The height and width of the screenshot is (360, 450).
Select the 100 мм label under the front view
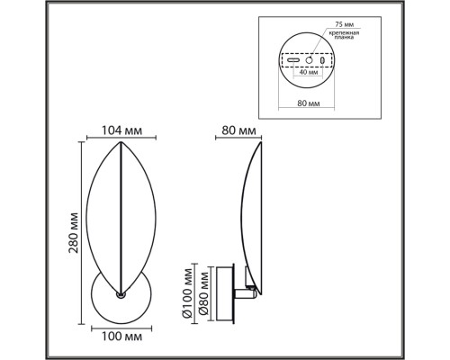[120, 337]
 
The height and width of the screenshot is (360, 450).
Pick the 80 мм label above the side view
[236, 130]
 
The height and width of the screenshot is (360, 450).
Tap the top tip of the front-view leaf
[120, 142]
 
